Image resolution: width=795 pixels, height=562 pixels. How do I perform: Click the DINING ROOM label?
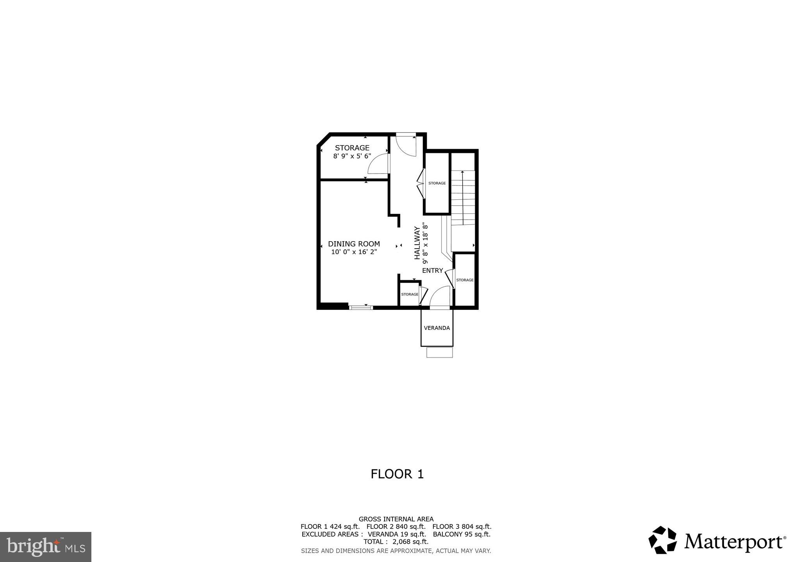click(x=354, y=244)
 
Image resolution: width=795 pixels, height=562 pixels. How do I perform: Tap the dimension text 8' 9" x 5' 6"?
click(x=352, y=156)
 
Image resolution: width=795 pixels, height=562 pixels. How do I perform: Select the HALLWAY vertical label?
click(x=417, y=242)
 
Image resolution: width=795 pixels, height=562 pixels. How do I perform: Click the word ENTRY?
click(x=432, y=270)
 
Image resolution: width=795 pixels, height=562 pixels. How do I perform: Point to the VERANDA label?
click(x=437, y=328)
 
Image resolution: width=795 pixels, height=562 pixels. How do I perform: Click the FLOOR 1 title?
click(x=397, y=474)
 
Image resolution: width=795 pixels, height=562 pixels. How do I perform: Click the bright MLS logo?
click(x=46, y=547)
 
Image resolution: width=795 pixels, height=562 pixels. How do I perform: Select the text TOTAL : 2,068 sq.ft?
click(x=396, y=542)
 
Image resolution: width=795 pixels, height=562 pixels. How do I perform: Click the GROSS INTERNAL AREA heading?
click(x=396, y=519)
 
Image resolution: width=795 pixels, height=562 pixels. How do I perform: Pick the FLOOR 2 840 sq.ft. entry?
click(x=396, y=526)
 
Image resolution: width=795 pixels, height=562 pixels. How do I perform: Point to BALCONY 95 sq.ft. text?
click(x=462, y=534)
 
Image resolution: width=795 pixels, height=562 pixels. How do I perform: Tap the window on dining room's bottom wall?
click(x=361, y=308)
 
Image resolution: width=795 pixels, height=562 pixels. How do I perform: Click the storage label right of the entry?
click(x=465, y=280)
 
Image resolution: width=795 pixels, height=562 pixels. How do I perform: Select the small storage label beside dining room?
click(x=410, y=294)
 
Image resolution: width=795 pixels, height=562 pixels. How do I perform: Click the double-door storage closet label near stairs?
click(x=437, y=183)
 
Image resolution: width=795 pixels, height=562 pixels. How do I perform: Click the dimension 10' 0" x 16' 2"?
click(x=354, y=252)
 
